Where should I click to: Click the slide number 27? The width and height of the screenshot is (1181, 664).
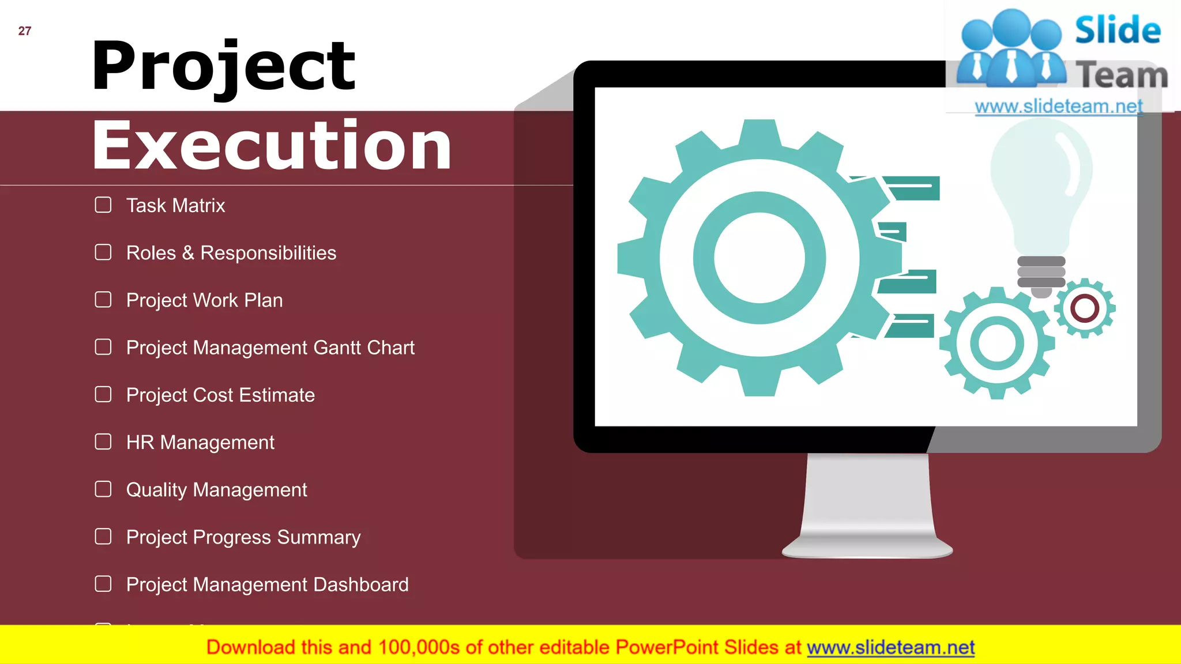click(25, 31)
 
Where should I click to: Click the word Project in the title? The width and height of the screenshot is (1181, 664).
click(223, 66)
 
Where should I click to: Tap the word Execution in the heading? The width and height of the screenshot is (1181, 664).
click(272, 145)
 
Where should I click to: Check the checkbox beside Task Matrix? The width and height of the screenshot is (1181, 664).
click(103, 205)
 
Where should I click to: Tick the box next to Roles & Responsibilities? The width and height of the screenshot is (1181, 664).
click(103, 252)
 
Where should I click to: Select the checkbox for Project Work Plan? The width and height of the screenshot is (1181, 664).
click(103, 300)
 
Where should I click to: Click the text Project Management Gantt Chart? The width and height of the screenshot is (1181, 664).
click(270, 348)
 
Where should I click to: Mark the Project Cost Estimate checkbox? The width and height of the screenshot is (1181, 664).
click(103, 394)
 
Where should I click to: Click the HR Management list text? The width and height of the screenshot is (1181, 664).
click(200, 442)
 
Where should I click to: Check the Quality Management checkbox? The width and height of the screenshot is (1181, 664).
click(103, 489)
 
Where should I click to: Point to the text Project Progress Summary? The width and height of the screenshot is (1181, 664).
click(243, 537)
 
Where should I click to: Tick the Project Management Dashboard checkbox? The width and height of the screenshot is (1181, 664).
click(103, 584)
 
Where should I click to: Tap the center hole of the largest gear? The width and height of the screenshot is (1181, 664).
click(759, 258)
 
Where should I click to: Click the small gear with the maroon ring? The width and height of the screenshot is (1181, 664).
click(1085, 308)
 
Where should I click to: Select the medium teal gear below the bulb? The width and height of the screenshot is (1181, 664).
click(997, 343)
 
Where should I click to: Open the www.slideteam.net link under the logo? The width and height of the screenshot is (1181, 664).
click(1058, 107)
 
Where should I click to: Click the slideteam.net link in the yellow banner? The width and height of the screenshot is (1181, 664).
click(890, 648)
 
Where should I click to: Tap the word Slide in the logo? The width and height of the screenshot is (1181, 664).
click(1118, 31)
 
